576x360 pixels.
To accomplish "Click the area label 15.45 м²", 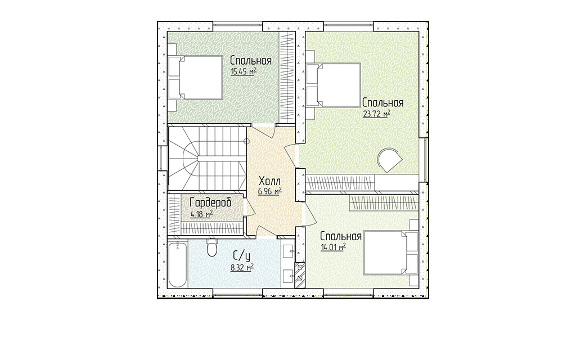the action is pos(244,72).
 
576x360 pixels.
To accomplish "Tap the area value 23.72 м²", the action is pos(376,114).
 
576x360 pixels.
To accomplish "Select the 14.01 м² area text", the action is pos(334,247).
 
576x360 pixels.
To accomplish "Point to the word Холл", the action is pos(270,181).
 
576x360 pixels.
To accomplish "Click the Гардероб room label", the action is pos(210,202).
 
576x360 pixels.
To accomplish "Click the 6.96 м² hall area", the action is pos(270,191).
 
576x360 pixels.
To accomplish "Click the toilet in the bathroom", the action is pos(212,248).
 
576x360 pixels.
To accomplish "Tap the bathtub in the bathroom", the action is pos(178,264).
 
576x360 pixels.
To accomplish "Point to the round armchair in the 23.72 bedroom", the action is pos(390,160).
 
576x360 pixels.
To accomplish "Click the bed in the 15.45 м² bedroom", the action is pos(195,77).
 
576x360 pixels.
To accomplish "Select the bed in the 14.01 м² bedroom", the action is pos(391,253).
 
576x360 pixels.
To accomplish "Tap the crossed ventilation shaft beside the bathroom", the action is pos(300,274).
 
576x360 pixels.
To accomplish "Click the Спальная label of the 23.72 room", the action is pos(382,102).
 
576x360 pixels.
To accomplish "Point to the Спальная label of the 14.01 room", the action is pos(341,236).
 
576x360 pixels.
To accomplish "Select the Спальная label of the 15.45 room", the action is pos(251,61).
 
